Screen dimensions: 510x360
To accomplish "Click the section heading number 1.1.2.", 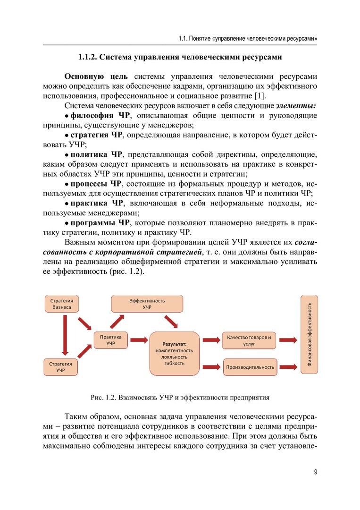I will (x=87, y=58).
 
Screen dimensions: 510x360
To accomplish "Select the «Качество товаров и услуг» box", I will (x=249, y=340).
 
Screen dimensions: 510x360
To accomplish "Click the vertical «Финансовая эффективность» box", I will (x=309, y=334).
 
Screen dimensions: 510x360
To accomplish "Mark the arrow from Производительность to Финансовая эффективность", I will (x=288, y=366).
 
